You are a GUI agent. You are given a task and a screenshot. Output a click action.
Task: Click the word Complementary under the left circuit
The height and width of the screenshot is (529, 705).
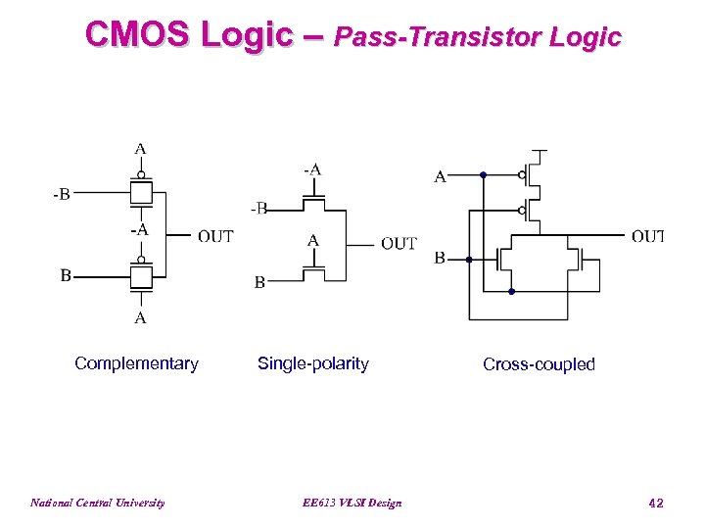click(x=136, y=363)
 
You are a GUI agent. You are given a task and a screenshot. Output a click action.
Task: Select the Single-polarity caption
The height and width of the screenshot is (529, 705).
click(x=313, y=363)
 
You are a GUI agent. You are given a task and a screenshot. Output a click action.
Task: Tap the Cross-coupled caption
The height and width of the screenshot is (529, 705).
click(x=539, y=364)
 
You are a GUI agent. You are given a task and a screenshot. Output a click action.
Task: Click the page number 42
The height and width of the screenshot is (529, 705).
click(x=656, y=503)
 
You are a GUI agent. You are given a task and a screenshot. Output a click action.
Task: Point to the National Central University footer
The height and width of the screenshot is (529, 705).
click(x=97, y=503)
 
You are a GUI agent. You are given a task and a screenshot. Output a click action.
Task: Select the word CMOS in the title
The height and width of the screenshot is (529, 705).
click(x=138, y=35)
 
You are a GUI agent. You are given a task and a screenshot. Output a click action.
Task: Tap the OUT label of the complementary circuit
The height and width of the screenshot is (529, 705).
click(x=215, y=236)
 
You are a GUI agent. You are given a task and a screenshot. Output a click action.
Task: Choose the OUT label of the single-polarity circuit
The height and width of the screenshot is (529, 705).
click(x=399, y=244)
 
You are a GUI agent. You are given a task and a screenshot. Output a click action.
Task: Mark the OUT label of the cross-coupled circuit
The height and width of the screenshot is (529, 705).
click(x=648, y=235)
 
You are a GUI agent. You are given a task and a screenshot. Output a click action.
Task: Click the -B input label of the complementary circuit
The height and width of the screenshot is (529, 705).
click(x=61, y=194)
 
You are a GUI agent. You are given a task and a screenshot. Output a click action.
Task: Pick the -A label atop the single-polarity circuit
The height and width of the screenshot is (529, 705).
click(x=311, y=169)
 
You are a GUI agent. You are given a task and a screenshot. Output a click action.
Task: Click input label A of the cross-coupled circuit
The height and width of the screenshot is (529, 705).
click(x=440, y=177)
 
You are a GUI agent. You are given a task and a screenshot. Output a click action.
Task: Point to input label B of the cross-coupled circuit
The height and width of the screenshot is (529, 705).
click(x=440, y=259)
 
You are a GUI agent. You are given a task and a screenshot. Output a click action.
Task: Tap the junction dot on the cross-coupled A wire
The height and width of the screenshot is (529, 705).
click(x=484, y=176)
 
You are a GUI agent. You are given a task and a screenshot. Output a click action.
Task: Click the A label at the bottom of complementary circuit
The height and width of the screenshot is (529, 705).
click(x=141, y=317)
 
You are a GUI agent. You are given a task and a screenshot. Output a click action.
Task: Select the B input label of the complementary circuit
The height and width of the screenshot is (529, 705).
click(x=65, y=275)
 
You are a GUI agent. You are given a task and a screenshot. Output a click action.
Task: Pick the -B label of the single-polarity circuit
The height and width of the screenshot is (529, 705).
click(x=258, y=208)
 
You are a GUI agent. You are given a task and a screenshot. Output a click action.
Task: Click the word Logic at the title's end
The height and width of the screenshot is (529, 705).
click(x=586, y=37)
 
